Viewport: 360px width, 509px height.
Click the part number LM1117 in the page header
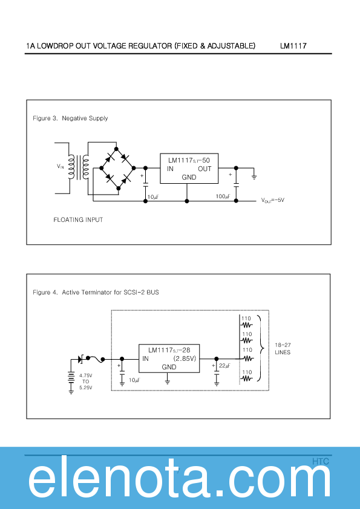(293, 46)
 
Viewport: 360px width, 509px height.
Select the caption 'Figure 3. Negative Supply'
(70, 118)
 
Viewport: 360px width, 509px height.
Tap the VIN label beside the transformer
(61, 166)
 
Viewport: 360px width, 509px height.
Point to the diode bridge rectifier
(117, 167)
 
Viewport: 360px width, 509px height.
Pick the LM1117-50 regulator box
(189, 168)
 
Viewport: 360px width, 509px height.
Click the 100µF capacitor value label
(223, 196)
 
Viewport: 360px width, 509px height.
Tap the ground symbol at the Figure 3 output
(255, 177)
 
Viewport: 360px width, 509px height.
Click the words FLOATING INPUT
(78, 219)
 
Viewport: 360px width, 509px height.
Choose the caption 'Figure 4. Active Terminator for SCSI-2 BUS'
(96, 293)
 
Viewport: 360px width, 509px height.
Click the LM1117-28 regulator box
(169, 358)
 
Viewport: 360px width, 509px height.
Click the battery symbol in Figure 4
(71, 380)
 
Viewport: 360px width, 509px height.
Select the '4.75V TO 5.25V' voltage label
(85, 382)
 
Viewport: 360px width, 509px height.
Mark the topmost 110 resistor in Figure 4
(247, 322)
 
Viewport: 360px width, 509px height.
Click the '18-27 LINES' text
(283, 348)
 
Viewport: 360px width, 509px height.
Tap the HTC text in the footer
(321, 461)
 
